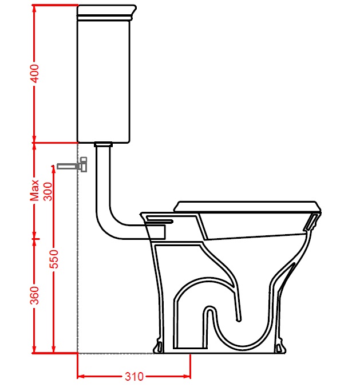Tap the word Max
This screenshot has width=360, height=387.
pos(34,190)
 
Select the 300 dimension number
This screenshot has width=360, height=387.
pos(48,192)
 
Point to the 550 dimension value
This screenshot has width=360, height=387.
pos(54,259)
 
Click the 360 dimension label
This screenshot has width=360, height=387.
pos(34,295)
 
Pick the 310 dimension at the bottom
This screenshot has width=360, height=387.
pos(134,376)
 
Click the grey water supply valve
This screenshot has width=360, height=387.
pos(72,165)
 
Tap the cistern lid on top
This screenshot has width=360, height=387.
pos(106,12)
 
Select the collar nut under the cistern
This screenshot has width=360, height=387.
pos(103,144)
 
